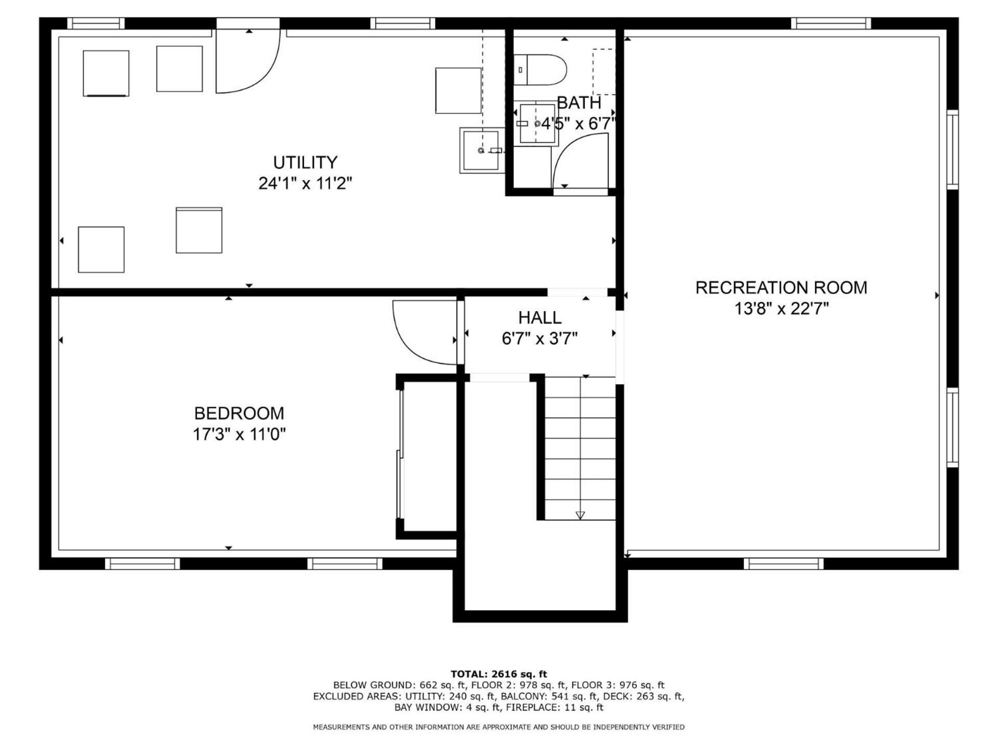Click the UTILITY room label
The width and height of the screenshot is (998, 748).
[305, 163]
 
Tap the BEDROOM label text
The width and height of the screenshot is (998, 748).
[239, 413]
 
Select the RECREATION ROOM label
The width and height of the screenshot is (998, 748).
[781, 288]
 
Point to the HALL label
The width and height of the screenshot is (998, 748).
[540, 317]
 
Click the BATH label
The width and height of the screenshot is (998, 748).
[579, 103]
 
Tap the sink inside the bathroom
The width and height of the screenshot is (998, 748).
[537, 124]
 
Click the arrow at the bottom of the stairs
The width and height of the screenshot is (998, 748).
[580, 515]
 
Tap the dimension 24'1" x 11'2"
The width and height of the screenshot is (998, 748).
[305, 183]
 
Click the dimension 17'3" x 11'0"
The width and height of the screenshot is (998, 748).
[239, 434]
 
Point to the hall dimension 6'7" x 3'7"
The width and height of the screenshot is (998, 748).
[540, 339]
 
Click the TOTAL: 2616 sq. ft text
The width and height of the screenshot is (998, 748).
[498, 674]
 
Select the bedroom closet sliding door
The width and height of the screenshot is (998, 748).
[400, 455]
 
